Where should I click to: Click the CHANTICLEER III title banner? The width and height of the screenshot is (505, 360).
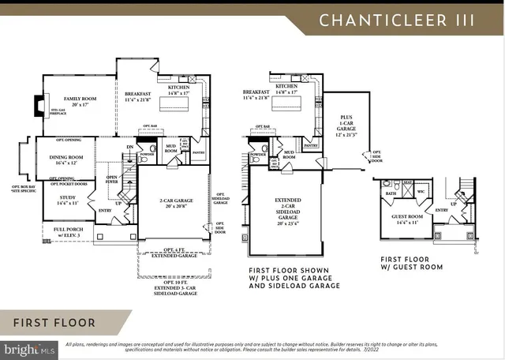coord(397,20)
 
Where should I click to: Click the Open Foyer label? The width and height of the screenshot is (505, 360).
coord(112,179)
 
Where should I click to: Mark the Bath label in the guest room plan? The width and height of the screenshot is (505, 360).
coord(391,193)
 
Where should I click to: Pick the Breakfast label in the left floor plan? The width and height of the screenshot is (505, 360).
coord(138,96)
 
